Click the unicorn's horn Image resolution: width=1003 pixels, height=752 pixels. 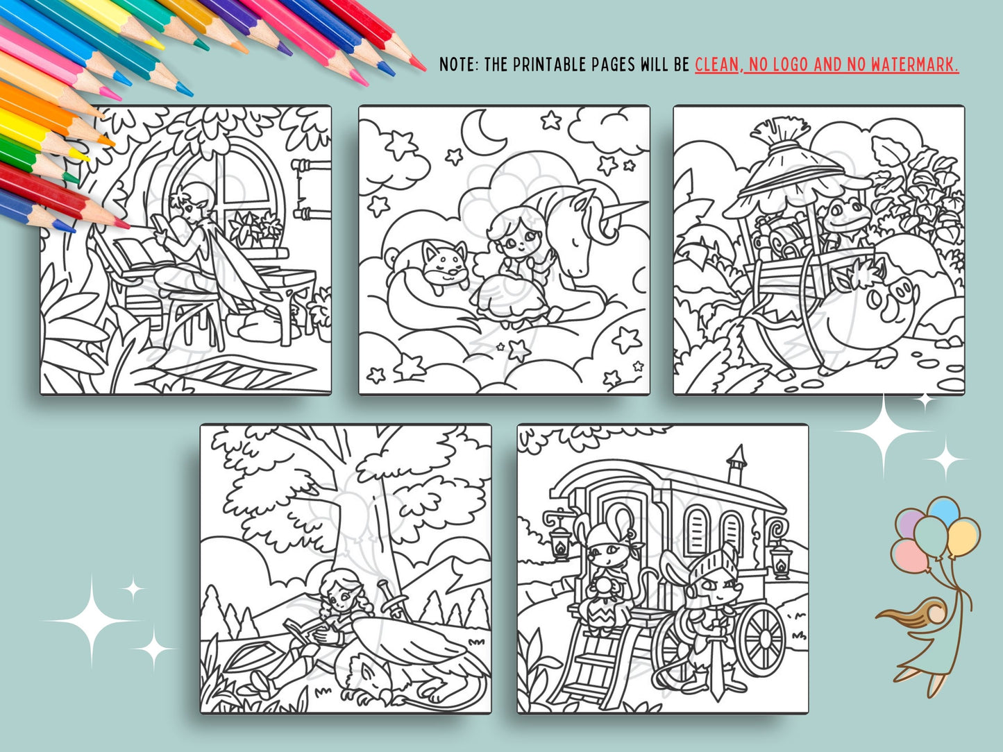click(626, 210)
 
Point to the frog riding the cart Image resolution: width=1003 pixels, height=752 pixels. click(845, 219)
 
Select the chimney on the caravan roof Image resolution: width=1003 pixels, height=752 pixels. click(736, 463)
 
